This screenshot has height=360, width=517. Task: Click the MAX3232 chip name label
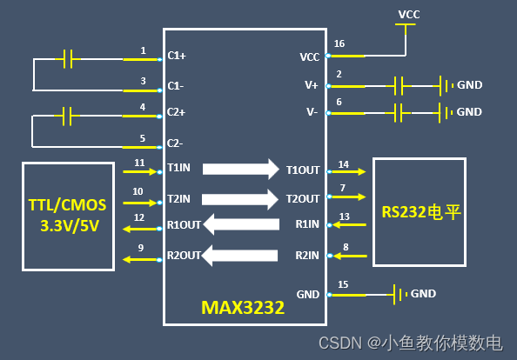tap(243, 308)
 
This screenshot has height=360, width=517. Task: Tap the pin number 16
tap(339, 43)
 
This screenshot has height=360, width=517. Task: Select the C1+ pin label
tap(176, 56)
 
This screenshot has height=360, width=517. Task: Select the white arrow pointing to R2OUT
tap(241, 255)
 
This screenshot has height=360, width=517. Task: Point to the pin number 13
tap(344, 217)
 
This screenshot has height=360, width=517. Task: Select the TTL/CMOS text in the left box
tap(67, 205)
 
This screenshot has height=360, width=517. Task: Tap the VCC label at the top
tap(408, 15)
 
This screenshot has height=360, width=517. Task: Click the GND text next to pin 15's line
tap(423, 294)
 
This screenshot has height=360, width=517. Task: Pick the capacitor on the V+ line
tap(399, 85)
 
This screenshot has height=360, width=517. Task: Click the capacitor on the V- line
tap(399, 112)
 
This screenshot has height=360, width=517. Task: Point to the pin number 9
tap(140, 247)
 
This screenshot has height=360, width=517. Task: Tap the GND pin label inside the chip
tap(308, 294)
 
